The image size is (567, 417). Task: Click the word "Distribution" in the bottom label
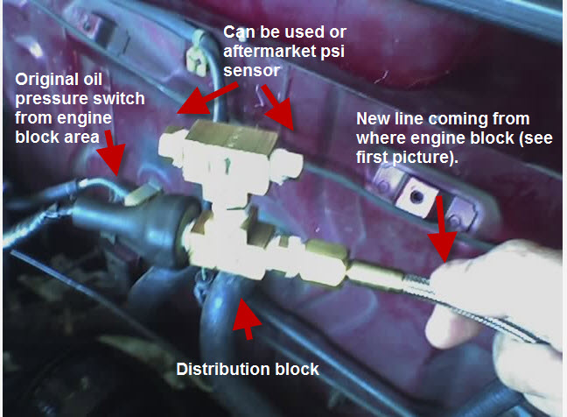point(222,369)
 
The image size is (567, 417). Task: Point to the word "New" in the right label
point(373,119)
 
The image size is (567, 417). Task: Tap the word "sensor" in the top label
point(252,70)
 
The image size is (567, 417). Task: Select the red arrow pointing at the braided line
point(442,229)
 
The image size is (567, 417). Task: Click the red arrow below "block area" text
point(113,153)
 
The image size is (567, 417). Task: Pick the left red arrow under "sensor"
point(206,99)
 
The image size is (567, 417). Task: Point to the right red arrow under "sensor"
point(278,107)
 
